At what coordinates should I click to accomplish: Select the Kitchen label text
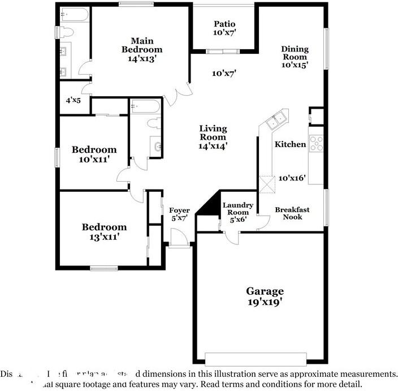click(290, 144)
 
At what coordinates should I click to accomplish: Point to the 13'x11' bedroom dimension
click(104, 237)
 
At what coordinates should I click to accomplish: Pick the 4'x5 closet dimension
click(73, 100)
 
